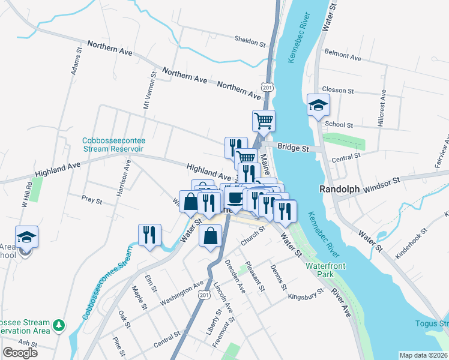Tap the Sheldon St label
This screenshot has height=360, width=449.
click(250, 43)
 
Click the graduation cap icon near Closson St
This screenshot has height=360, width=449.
click(318, 106)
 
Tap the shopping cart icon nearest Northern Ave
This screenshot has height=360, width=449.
click(264, 121)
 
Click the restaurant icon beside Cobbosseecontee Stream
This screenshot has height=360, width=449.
click(149, 235)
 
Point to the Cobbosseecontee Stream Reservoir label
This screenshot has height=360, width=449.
click(113, 145)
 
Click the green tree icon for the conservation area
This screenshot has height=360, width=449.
click(58, 325)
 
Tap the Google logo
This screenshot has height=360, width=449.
click(20, 353)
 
